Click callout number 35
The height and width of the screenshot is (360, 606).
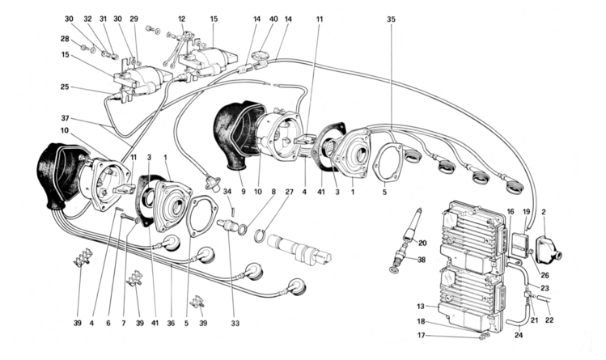pos(391,19)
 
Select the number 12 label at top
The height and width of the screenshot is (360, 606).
pos(182,19)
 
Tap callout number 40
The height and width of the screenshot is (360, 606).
pos(273,19)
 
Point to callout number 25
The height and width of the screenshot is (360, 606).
pos(65,87)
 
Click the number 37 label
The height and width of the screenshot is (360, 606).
pos(65,118)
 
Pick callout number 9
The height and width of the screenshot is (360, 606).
pos(243,192)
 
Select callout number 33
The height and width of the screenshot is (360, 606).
pos(235,324)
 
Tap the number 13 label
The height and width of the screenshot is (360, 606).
pos(421,307)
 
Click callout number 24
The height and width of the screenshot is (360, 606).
pos(519,335)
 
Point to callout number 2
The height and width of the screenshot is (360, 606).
pos(544,212)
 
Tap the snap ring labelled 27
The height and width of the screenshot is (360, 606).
pos(261,236)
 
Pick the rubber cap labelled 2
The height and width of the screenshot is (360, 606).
pos(549,250)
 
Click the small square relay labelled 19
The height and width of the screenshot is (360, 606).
pos(519,242)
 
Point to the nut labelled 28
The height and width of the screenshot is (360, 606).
pos(83,48)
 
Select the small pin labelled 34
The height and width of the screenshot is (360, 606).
pos(234,212)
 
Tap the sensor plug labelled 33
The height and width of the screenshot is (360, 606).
pos(226,225)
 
